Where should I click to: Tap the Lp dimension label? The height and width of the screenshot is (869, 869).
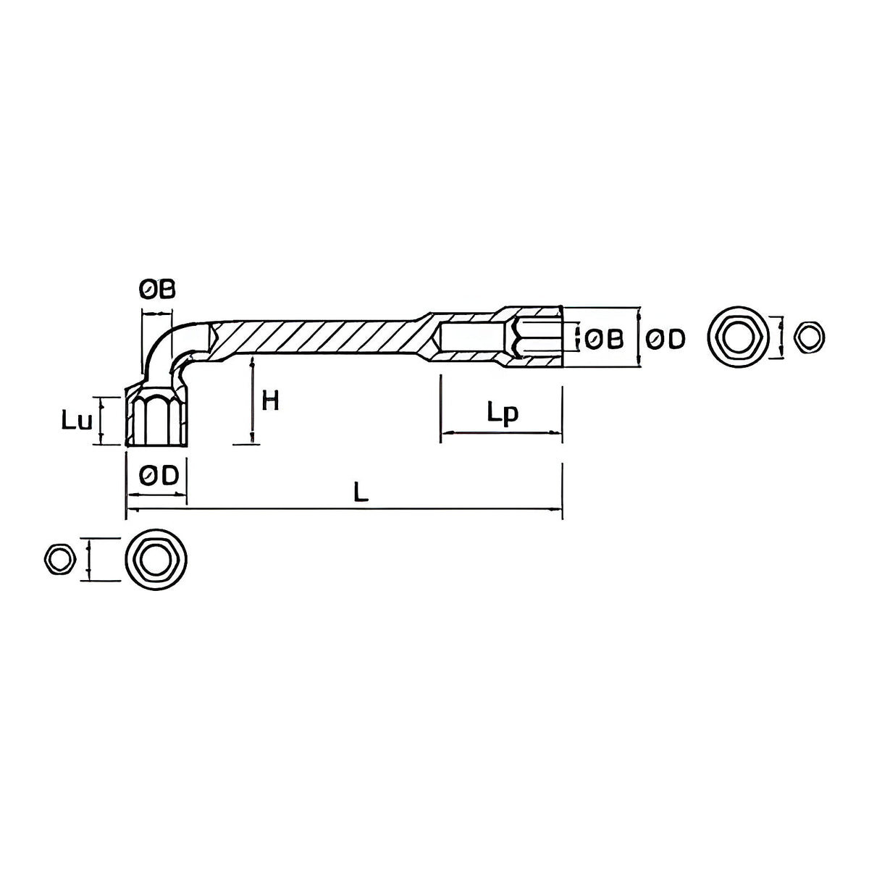click(x=503, y=413)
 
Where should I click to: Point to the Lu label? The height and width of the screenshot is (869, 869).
click(x=77, y=421)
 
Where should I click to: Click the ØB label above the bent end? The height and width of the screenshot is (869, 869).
click(x=156, y=289)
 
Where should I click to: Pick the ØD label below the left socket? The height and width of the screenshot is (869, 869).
click(x=159, y=475)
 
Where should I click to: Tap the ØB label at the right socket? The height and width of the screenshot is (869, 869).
click(x=604, y=339)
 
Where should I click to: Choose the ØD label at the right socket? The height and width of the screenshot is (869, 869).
click(x=666, y=339)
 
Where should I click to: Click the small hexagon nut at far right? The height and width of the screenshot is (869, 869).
click(x=809, y=337)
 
